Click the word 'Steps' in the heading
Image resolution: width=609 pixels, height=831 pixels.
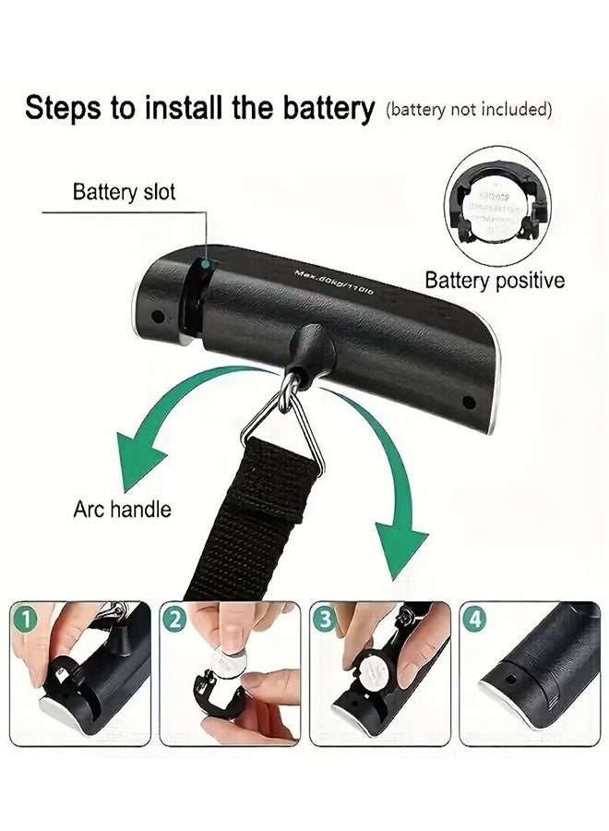[x=64, y=108]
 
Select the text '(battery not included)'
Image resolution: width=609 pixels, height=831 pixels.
[x=470, y=109]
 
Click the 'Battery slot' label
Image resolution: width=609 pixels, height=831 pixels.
[x=124, y=193]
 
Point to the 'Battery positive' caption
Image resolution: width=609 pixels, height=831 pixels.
[x=495, y=281]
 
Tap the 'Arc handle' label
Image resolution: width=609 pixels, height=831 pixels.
[x=122, y=510]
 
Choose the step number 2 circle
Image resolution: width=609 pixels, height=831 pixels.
[x=174, y=619]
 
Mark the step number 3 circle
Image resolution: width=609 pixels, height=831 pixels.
[x=324, y=619]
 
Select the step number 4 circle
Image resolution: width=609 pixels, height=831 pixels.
[x=474, y=619]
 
